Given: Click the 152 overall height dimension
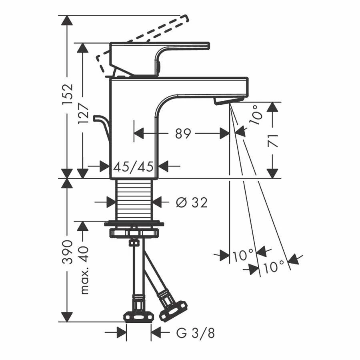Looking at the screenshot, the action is click(x=68, y=94).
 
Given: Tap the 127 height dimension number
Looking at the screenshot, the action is click(x=83, y=113).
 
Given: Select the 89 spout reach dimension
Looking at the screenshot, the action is click(x=183, y=133).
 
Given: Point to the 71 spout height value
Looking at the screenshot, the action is click(x=273, y=141).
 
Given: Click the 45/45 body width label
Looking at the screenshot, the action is click(x=133, y=166).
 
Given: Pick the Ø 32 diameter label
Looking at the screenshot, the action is click(x=192, y=202).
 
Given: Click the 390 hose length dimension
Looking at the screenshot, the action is click(x=68, y=252).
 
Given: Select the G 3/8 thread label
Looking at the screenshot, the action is click(x=196, y=333).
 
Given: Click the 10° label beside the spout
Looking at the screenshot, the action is click(x=257, y=115).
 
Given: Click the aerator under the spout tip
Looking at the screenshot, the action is click(x=228, y=100).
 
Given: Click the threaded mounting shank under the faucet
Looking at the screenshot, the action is click(x=134, y=200).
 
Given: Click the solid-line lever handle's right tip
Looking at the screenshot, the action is click(x=208, y=45).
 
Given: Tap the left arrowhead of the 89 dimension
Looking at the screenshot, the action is click(x=139, y=133).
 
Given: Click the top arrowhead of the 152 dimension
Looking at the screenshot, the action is click(x=67, y=20).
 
